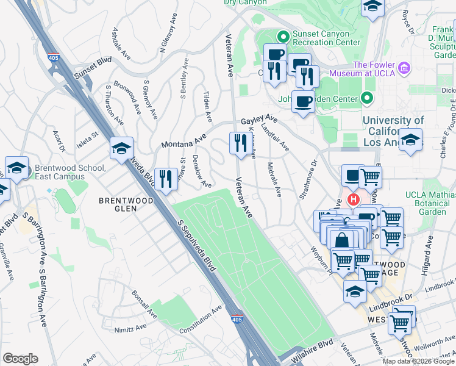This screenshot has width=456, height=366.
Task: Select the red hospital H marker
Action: [x=352, y=199]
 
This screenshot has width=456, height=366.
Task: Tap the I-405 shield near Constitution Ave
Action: [x=235, y=319]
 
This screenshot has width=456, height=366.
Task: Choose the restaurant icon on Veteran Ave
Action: [x=238, y=143]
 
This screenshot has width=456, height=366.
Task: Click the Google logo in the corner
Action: [x=20, y=359]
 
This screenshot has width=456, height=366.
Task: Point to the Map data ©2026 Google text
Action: [x=418, y=361]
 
